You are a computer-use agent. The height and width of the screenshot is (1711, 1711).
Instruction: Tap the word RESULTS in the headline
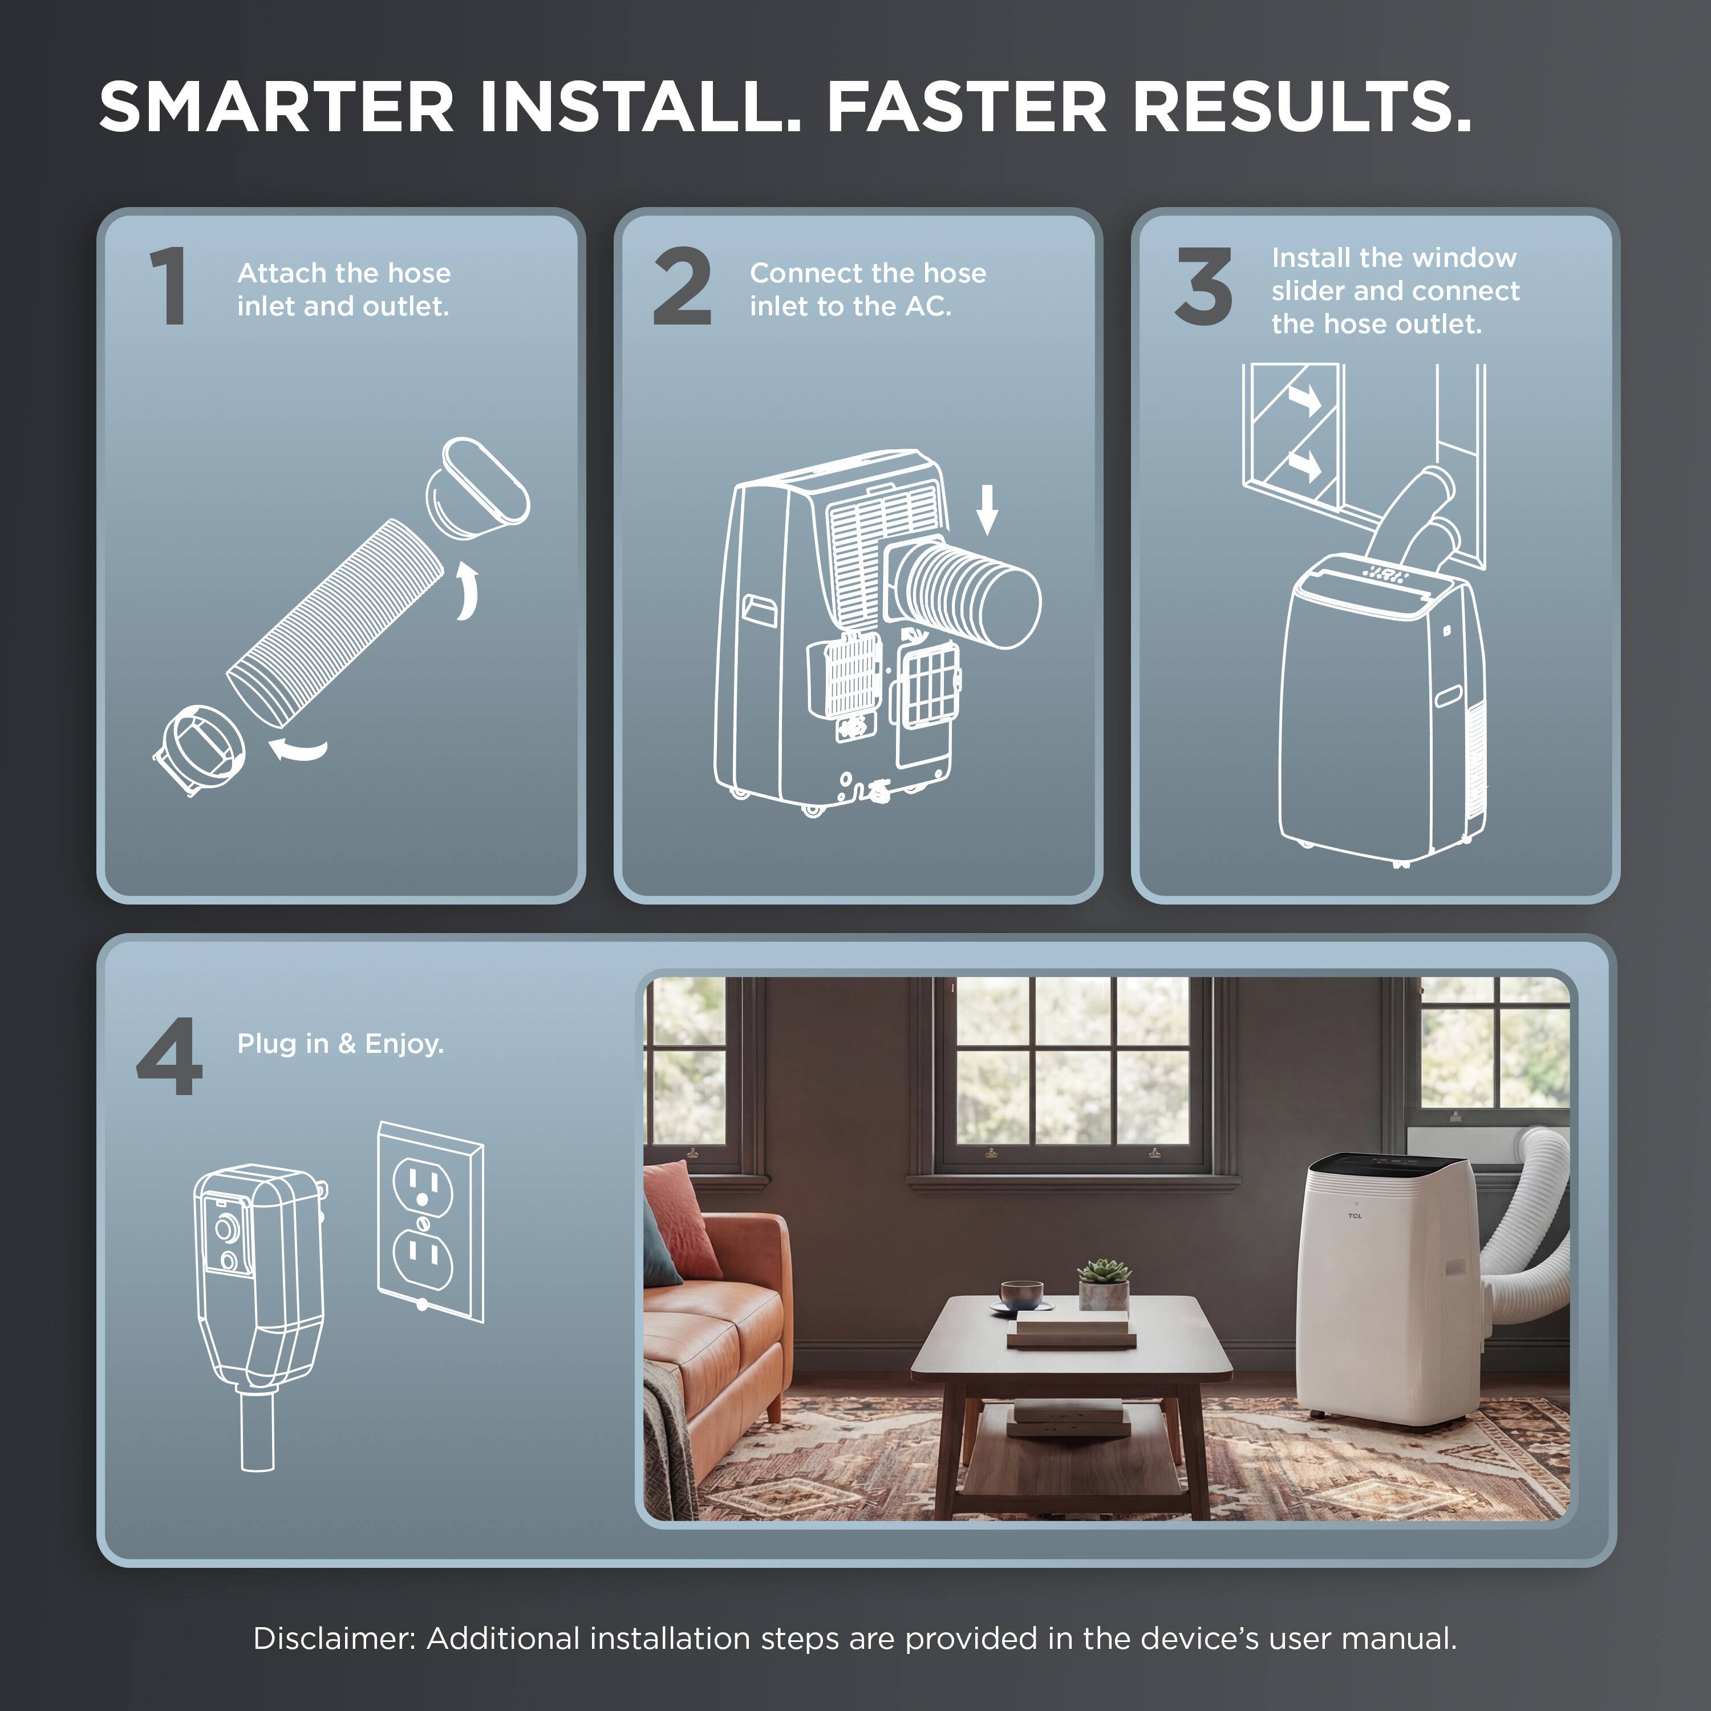pos(1302,107)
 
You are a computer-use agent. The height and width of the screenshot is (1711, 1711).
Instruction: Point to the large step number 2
pos(682,286)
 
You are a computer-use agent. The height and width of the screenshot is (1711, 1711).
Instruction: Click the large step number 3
pos(1203,286)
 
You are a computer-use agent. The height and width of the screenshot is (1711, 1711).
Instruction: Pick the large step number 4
pos(169,1056)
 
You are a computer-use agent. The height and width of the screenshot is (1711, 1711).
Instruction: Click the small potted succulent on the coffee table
pos(1104,1284)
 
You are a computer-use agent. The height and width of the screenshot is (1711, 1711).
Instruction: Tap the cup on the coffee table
pos(1021,1294)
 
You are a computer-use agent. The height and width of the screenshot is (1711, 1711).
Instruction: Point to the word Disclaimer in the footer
pos(334,1639)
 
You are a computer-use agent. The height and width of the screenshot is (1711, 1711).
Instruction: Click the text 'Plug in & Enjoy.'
pos(340,1044)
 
